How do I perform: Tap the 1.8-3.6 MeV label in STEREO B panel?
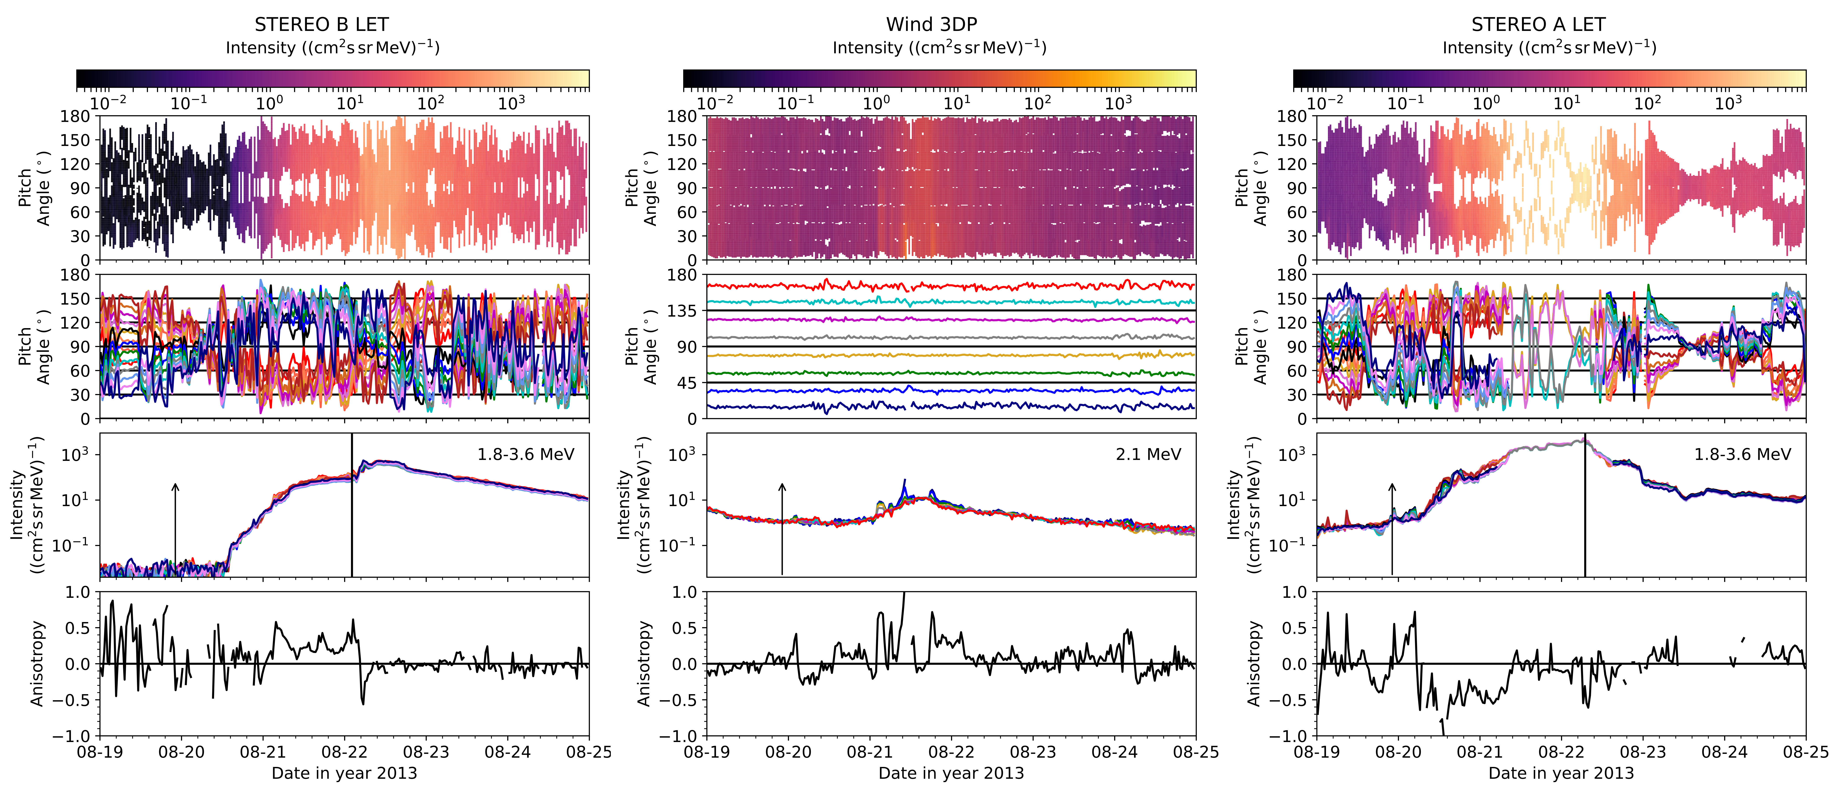[526, 454]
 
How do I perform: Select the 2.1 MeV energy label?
[1148, 454]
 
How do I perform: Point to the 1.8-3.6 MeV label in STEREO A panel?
[1742, 454]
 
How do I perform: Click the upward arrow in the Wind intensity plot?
[782, 528]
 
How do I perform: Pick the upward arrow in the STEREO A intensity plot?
[1392, 528]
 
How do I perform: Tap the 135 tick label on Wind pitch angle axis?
[683, 311]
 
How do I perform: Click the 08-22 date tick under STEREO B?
[344, 752]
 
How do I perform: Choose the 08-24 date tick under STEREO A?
[1724, 752]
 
